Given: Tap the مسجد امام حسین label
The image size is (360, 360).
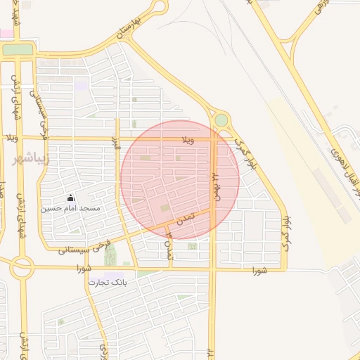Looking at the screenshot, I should (70, 209).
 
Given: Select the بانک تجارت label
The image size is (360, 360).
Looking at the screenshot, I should (106, 282).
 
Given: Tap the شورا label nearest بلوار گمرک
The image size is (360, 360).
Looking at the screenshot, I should (259, 269).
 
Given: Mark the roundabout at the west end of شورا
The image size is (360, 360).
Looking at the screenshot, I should (21, 267).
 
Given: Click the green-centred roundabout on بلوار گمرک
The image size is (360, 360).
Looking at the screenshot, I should (221, 120).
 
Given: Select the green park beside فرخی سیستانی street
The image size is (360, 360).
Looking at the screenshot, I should (110, 255).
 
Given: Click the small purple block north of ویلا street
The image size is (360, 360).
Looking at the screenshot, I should (82, 86).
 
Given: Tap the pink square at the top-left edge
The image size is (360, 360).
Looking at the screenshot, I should (6, 33).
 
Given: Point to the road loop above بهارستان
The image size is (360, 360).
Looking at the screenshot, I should (156, 6).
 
